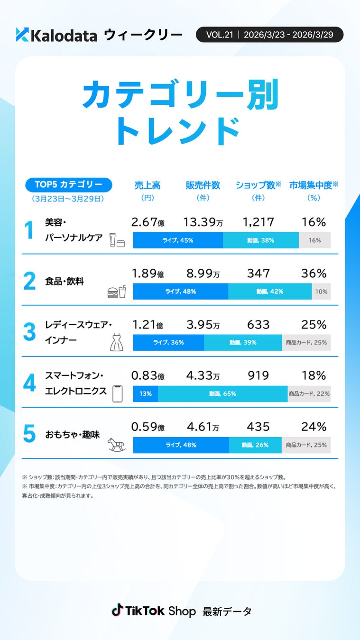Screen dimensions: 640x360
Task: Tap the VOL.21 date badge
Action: [269, 35]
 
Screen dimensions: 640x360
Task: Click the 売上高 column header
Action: [148, 185]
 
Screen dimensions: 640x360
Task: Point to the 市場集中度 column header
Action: [314, 185]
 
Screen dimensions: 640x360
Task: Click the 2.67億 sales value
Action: [148, 222]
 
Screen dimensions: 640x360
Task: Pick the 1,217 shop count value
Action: [258, 222]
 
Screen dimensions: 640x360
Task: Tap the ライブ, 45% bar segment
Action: [178, 240]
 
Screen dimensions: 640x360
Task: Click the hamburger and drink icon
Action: [117, 292]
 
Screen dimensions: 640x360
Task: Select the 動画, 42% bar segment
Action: [270, 292]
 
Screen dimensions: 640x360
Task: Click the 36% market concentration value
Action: [314, 274]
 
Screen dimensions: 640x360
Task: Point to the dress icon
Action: [117, 342]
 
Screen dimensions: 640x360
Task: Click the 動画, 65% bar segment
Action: [222, 393]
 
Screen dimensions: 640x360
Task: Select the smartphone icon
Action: [117, 393]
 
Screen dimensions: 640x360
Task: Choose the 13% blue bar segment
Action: [145, 393]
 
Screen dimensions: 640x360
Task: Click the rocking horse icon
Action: [117, 444]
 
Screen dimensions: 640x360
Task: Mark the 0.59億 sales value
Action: [148, 427]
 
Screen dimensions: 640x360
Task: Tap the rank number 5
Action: [29, 434]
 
